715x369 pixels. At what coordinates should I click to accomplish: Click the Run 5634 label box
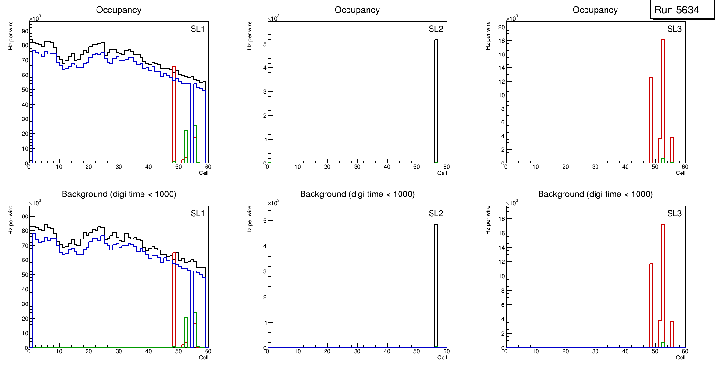coord(682,10)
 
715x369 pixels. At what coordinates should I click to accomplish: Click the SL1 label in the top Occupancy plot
coord(197,29)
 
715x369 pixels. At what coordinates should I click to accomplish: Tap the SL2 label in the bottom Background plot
coord(435,213)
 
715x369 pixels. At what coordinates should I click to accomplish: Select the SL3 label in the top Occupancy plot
coord(674,29)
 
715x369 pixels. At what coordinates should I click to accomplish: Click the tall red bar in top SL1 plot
coord(174,115)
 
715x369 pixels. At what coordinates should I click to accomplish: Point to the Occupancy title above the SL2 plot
coord(357,10)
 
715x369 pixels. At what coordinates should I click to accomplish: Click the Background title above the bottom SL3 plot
coord(595,194)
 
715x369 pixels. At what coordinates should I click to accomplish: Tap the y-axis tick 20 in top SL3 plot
coord(502,27)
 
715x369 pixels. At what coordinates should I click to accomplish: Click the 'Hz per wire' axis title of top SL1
coord(11,39)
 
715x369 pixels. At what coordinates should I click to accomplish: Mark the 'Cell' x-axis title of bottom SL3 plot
coord(681,358)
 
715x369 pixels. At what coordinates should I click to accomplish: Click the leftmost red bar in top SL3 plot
coord(651,119)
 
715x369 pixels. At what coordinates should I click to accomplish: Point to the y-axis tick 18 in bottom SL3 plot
coord(502,218)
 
